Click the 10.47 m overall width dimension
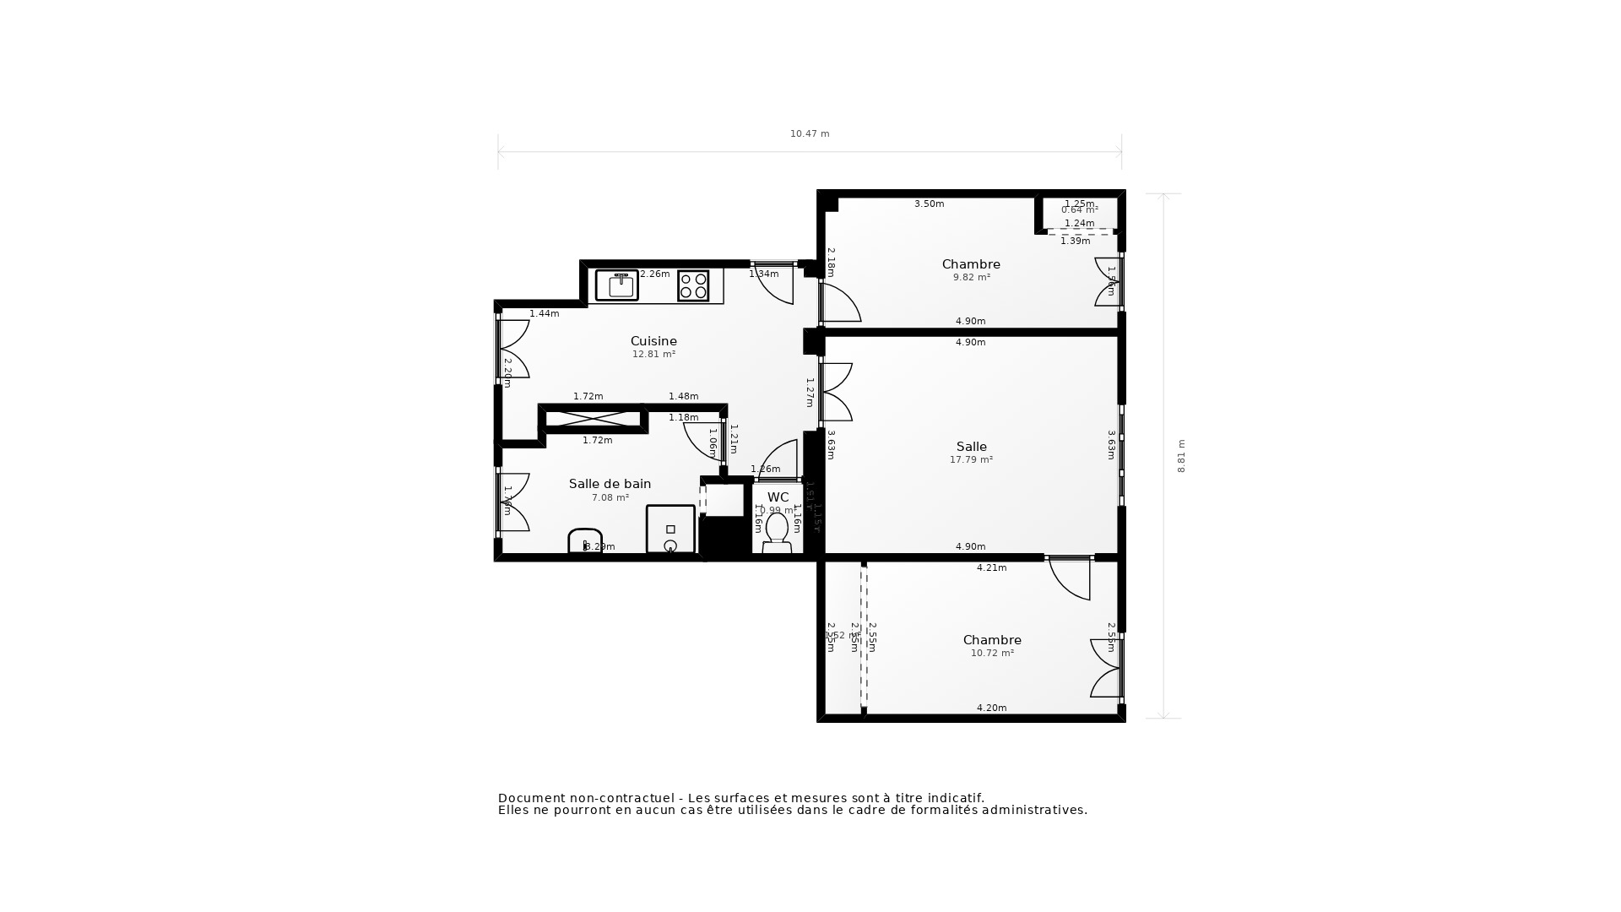pos(810,133)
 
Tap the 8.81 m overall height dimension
pos(1181,456)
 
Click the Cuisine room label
pos(653,341)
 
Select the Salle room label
pos(971,447)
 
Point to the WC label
pos(778,497)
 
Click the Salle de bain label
pos(610,484)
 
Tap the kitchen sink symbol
pos(617,285)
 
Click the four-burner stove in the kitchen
pos(693,285)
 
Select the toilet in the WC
pos(777,532)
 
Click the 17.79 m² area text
pos(971,460)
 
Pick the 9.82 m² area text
pos(971,277)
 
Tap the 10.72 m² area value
pos(992,653)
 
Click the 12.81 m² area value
pos(653,355)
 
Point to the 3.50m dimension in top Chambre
pos(929,204)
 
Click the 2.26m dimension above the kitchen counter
pos(654,274)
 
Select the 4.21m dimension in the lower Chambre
pos(991,567)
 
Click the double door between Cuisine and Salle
pos(836,392)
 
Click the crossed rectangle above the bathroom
pos(593,418)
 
